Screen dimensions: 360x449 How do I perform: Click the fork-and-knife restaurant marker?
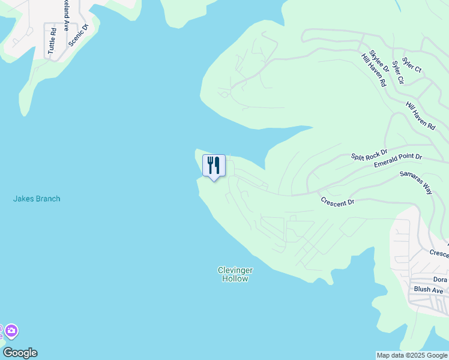tap(214, 166)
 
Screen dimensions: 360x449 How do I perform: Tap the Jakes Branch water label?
tap(37, 199)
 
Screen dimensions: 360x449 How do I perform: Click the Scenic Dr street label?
tap(78, 35)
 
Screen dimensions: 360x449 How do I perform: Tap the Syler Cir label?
tap(398, 71)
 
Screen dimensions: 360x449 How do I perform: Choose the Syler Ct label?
tap(412, 65)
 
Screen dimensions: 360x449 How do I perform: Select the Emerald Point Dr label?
tap(398, 160)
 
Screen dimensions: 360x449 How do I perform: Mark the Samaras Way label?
tap(416, 182)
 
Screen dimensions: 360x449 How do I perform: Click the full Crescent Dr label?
tap(337, 202)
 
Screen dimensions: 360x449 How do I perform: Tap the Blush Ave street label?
tap(427, 289)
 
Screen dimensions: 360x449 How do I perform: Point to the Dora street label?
tap(440, 280)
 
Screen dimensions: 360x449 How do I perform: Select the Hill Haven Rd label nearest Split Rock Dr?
tap(420, 115)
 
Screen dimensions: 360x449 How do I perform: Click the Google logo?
tap(20, 353)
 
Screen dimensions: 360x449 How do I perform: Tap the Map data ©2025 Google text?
tap(412, 355)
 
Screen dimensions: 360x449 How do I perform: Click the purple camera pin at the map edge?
tap(10, 331)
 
